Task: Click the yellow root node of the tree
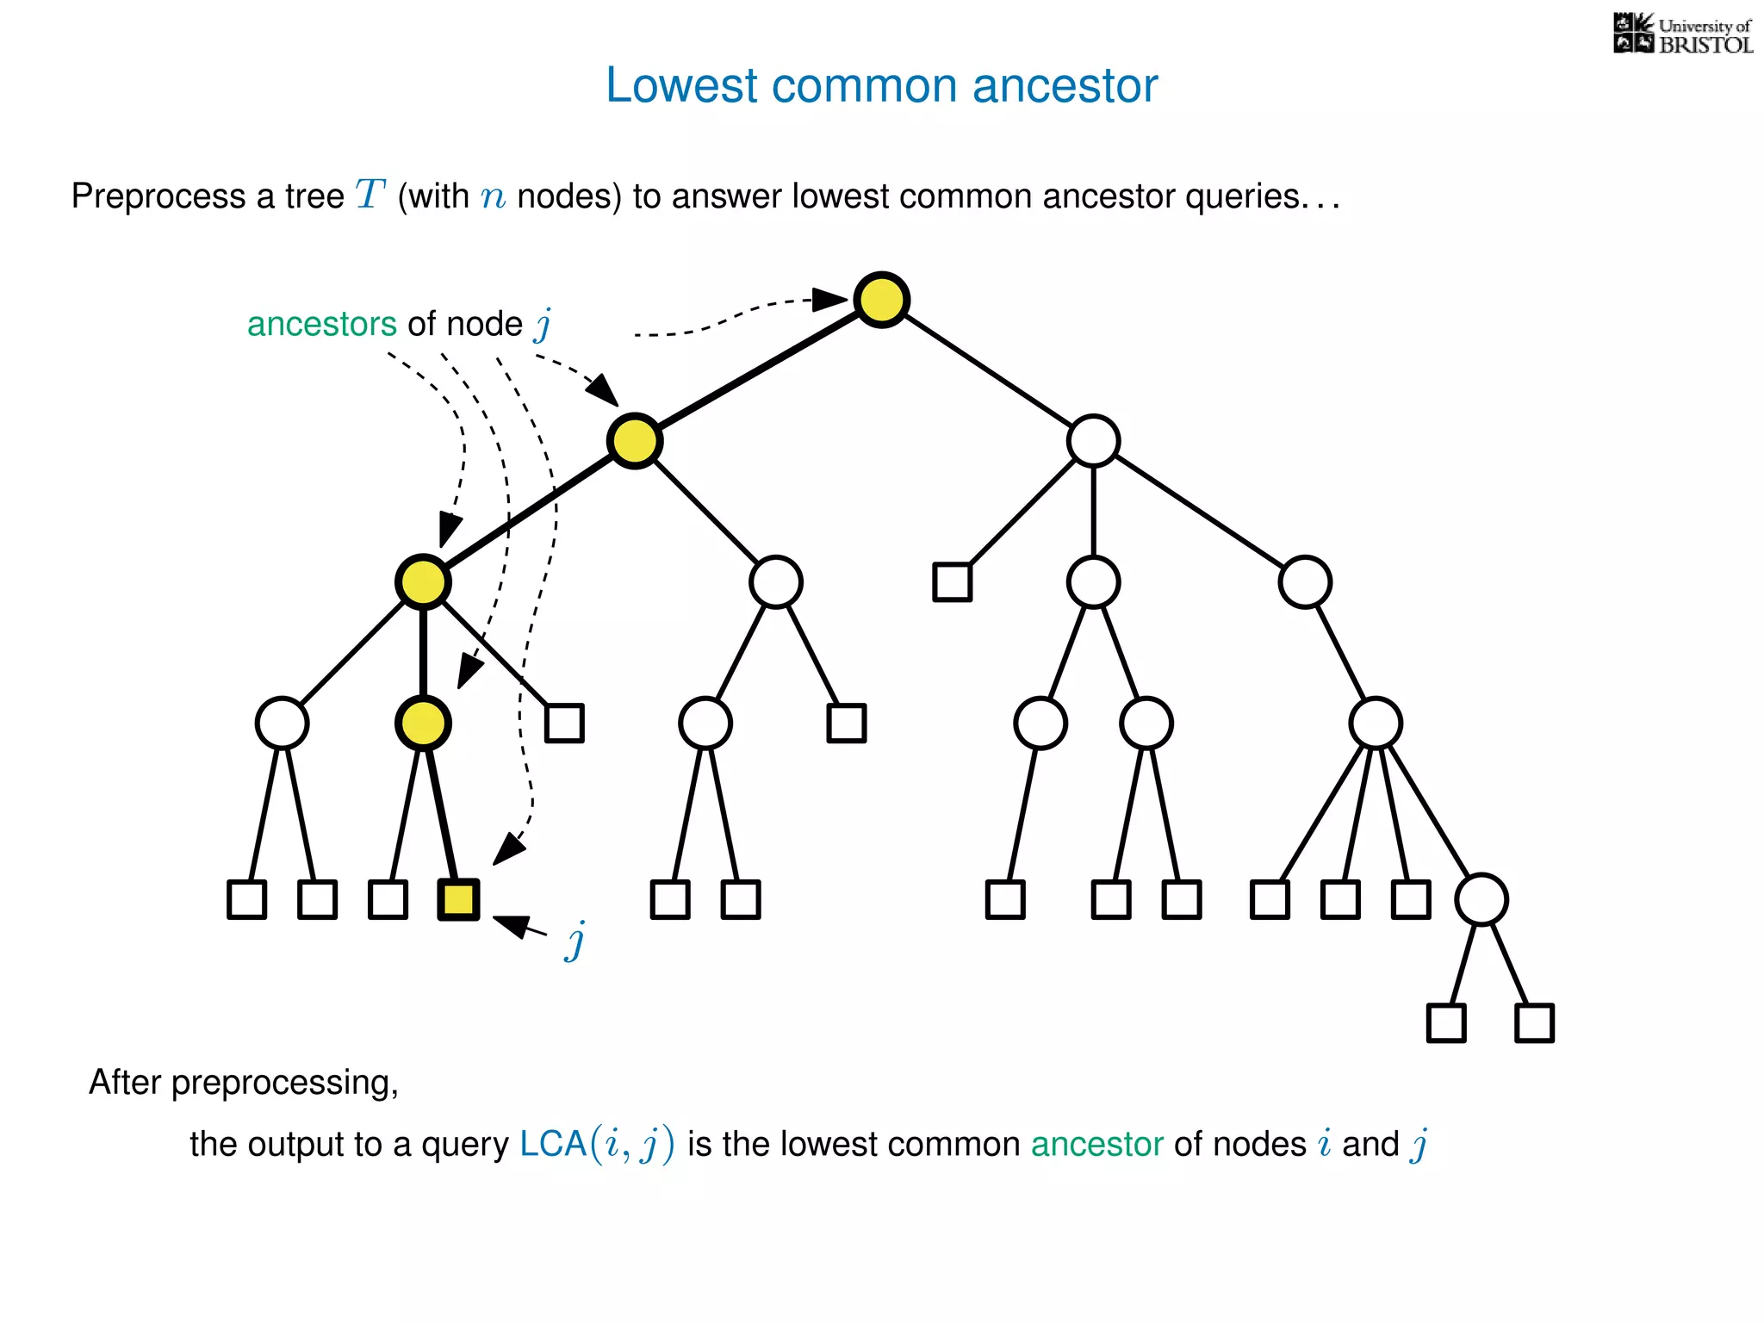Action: pyautogui.click(x=881, y=300)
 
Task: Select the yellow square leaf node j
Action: pyautogui.click(x=458, y=900)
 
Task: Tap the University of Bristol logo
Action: pyautogui.click(x=1682, y=34)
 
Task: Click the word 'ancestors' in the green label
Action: pyautogui.click(x=321, y=325)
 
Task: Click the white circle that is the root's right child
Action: pyautogui.click(x=1093, y=441)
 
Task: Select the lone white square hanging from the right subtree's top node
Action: pyautogui.click(x=952, y=582)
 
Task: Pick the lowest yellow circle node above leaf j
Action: pyautogui.click(x=423, y=723)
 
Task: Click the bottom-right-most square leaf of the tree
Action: pyautogui.click(x=1534, y=1023)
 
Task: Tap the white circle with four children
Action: pyautogui.click(x=1376, y=723)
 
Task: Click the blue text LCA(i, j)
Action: pyautogui.click(x=597, y=1145)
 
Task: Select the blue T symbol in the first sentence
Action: pyautogui.click(x=370, y=195)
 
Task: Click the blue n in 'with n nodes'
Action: pyautogui.click(x=493, y=197)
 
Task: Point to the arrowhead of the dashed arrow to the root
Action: pyautogui.click(x=830, y=300)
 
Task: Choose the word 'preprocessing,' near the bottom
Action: pyautogui.click(x=285, y=1083)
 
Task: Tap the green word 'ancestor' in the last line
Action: pyautogui.click(x=1096, y=1145)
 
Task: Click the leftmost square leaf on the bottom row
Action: pyautogui.click(x=246, y=900)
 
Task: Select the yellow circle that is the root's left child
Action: pyautogui.click(x=635, y=441)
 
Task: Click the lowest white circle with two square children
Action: pyautogui.click(x=1481, y=900)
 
